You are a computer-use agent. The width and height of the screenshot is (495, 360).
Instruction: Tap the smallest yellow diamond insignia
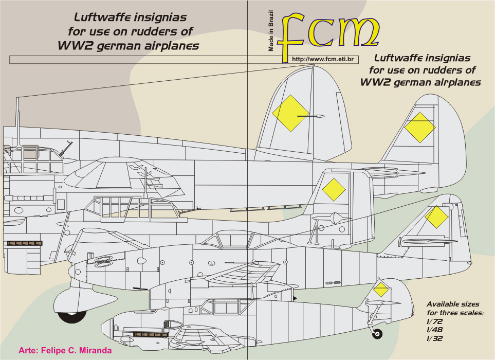pos(381,289)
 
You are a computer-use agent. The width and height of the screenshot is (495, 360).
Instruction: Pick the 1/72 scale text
pos(435,321)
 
